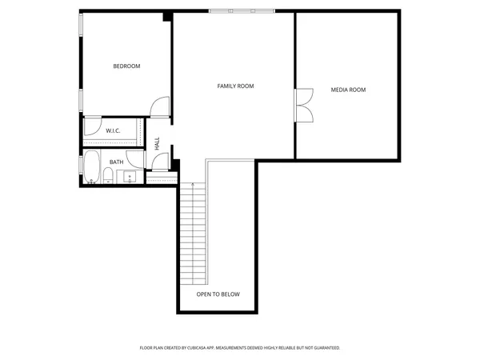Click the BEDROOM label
click(126, 66)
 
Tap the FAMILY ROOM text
click(235, 86)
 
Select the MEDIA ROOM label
click(348, 90)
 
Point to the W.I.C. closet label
click(113, 130)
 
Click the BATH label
click(117, 162)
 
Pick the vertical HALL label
click(158, 144)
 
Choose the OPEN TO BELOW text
click(218, 294)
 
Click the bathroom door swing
click(160, 160)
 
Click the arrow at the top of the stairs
click(194, 186)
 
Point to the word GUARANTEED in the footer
click(325, 348)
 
